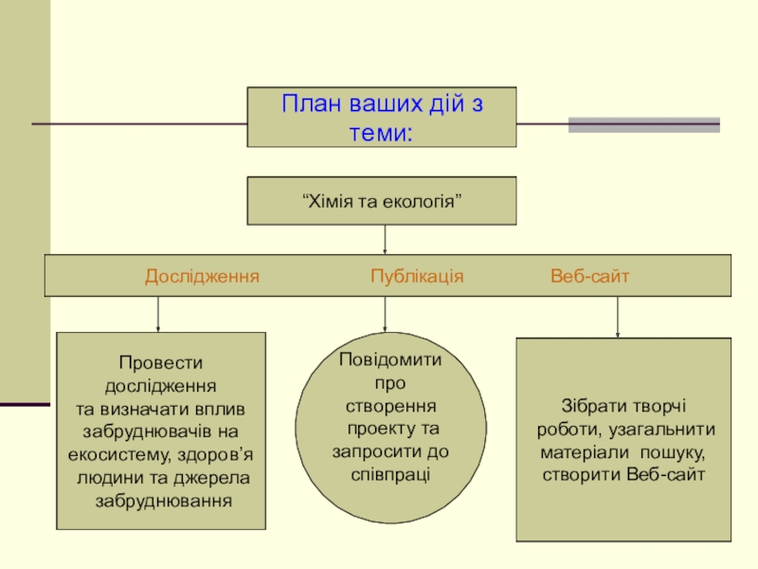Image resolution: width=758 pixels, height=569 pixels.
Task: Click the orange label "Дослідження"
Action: (202, 276)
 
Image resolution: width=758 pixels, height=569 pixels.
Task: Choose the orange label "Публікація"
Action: (417, 276)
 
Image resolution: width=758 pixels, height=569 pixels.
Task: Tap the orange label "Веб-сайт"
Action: (590, 276)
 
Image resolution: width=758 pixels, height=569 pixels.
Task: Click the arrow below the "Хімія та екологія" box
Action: (385, 240)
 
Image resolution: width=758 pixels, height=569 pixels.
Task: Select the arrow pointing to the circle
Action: (385, 316)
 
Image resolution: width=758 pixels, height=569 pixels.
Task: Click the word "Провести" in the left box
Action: (161, 363)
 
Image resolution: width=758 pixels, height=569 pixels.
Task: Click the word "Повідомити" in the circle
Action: (390, 360)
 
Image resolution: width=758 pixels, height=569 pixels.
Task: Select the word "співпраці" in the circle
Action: (390, 471)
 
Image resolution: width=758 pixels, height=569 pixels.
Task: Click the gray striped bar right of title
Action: (643, 124)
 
